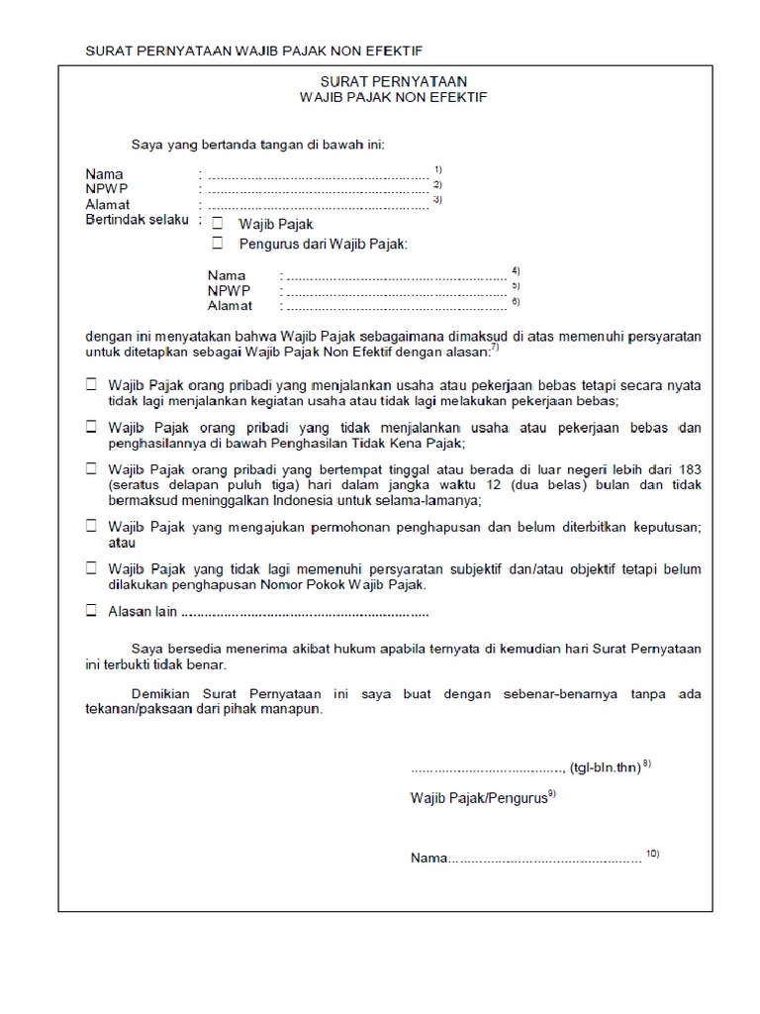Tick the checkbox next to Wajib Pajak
(218, 225)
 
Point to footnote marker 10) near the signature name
(652, 854)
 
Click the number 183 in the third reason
(689, 468)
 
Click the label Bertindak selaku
(138, 220)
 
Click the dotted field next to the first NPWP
(317, 189)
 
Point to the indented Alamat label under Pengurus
(230, 306)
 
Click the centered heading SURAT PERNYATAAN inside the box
(394, 82)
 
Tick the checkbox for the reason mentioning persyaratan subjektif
(91, 569)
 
